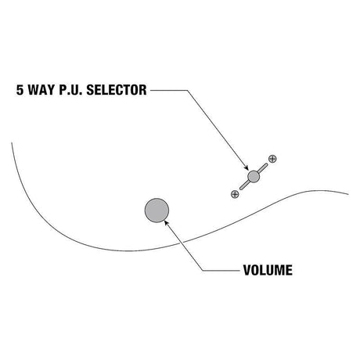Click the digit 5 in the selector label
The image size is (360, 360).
click(20, 90)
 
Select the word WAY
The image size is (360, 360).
click(41, 90)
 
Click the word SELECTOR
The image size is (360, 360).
click(117, 90)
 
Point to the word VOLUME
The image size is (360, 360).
click(268, 270)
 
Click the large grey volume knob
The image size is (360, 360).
click(157, 211)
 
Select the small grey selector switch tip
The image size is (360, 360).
click(254, 177)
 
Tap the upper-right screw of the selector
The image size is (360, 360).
click(272, 159)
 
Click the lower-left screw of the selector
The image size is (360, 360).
click(235, 194)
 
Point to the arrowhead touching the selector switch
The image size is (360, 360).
click(246, 167)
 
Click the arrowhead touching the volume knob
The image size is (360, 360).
click(167, 222)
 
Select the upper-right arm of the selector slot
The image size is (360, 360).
click(263, 167)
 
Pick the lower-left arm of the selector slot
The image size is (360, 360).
click(244, 185)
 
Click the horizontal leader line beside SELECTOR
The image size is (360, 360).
click(169, 90)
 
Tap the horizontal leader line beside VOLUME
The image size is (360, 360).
click(221, 271)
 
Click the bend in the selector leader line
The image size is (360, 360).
click(187, 90)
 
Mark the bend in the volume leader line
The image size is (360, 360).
click(203, 271)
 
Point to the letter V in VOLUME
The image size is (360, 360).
click(247, 270)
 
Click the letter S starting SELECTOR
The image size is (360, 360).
click(90, 90)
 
